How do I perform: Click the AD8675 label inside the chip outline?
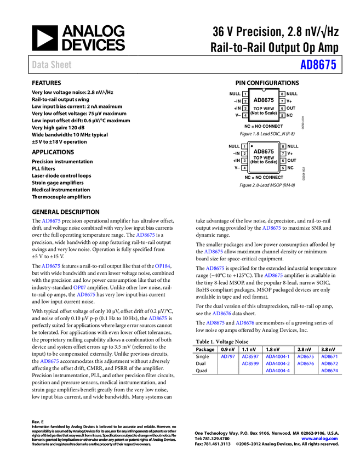pyautogui.click(x=264, y=100)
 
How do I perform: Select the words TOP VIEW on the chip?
pyautogui.click(x=264, y=109)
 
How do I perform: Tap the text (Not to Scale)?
pyautogui.click(x=264, y=113)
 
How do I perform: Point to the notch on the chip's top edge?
pyautogui.click(x=264, y=89)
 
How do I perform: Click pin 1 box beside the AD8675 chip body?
pyautogui.click(x=245, y=94)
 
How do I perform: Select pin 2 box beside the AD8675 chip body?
pyautogui.click(x=245, y=101)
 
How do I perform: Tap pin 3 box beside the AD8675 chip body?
pyautogui.click(x=245, y=109)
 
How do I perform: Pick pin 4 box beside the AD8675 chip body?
pyautogui.click(x=245, y=116)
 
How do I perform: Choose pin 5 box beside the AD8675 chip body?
pyautogui.click(x=282, y=116)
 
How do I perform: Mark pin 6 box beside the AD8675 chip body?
pyautogui.click(x=282, y=109)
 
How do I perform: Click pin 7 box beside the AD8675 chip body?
pyautogui.click(x=282, y=101)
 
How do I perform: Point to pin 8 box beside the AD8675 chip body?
pyautogui.click(x=282, y=94)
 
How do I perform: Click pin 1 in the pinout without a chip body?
pyautogui.click(x=244, y=146)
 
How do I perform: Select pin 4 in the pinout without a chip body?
pyautogui.click(x=244, y=168)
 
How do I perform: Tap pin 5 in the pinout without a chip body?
pyautogui.click(x=283, y=168)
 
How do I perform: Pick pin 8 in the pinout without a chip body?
pyautogui.click(x=283, y=146)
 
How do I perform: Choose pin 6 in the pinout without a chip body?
pyautogui.click(x=283, y=161)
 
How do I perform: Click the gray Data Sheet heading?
pyautogui.click(x=52, y=65)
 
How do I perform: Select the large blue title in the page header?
pyautogui.click(x=318, y=65)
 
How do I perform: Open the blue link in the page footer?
pyautogui.click(x=319, y=439)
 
